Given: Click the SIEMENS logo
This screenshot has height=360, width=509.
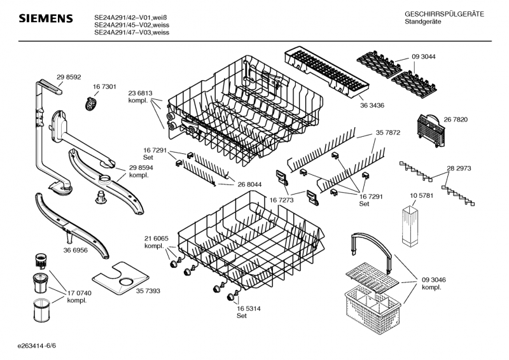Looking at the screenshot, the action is (x=46, y=18).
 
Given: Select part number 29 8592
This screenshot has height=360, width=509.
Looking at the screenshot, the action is (x=69, y=77).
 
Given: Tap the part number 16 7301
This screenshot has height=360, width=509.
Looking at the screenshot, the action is (x=104, y=87).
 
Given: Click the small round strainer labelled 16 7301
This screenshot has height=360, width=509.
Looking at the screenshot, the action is (x=91, y=104).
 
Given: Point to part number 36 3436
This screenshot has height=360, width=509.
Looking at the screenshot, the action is (x=372, y=106).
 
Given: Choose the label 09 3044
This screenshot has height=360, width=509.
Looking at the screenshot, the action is (x=424, y=57).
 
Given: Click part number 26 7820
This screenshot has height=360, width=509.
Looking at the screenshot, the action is (x=456, y=120).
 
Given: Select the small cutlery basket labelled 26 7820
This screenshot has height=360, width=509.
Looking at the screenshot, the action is (x=430, y=130).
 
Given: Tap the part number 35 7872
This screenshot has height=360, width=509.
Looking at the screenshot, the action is (x=388, y=133).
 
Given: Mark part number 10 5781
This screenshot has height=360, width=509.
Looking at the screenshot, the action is (x=421, y=196).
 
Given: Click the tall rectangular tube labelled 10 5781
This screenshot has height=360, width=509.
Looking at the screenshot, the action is (x=410, y=226).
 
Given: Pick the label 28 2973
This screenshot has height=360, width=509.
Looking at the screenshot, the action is (x=459, y=169).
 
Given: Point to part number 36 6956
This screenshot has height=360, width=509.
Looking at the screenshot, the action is (x=75, y=250).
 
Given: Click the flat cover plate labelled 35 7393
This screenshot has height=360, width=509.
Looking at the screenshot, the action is (x=121, y=278).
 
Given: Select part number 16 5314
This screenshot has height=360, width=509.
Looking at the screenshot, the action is (x=249, y=308).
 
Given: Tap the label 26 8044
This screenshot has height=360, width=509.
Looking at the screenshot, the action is (x=249, y=184).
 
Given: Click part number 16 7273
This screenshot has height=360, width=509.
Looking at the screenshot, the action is (x=281, y=200).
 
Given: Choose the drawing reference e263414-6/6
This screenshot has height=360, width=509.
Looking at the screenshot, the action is (x=37, y=346).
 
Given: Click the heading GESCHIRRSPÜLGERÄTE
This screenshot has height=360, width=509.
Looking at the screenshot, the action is (x=444, y=14).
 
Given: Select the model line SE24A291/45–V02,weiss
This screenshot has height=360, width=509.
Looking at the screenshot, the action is (x=132, y=25).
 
